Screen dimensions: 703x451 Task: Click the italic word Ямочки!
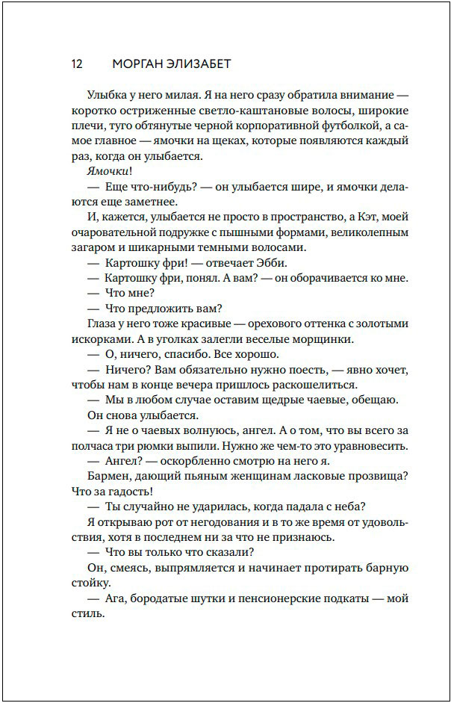tap(110, 171)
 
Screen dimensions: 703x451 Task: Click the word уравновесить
tap(371, 446)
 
